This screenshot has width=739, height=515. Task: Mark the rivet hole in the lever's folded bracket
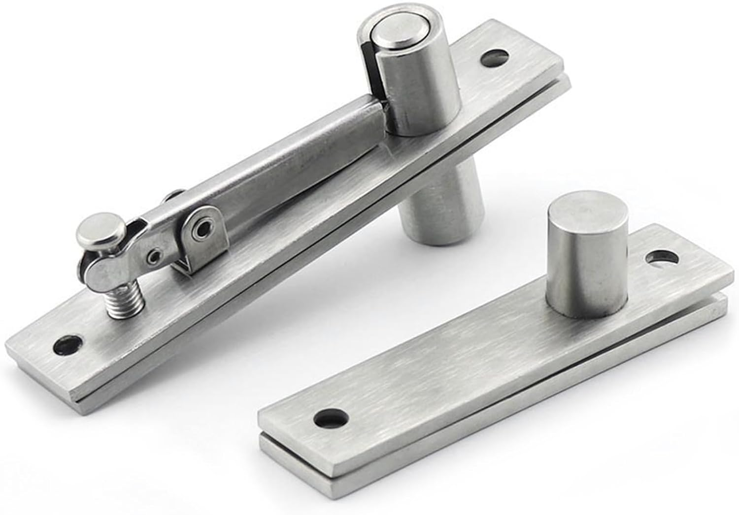point(201,228)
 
